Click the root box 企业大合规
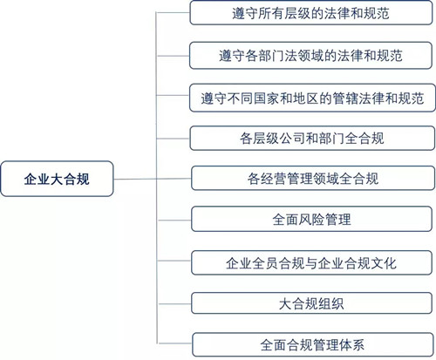(57, 179)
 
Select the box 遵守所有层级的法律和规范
(311, 13)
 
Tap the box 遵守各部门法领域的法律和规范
(310, 56)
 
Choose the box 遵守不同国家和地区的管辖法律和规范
(312, 98)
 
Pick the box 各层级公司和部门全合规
(312, 138)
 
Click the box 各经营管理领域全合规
(313, 178)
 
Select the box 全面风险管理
(311, 219)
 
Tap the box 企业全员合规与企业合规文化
(311, 262)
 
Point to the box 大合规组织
(311, 303)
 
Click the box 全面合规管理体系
(313, 344)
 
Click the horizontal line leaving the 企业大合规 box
(153, 179)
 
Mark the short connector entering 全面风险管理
(174, 221)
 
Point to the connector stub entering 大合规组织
(174, 304)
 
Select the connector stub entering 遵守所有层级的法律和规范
(173, 12)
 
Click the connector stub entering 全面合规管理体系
(175, 343)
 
